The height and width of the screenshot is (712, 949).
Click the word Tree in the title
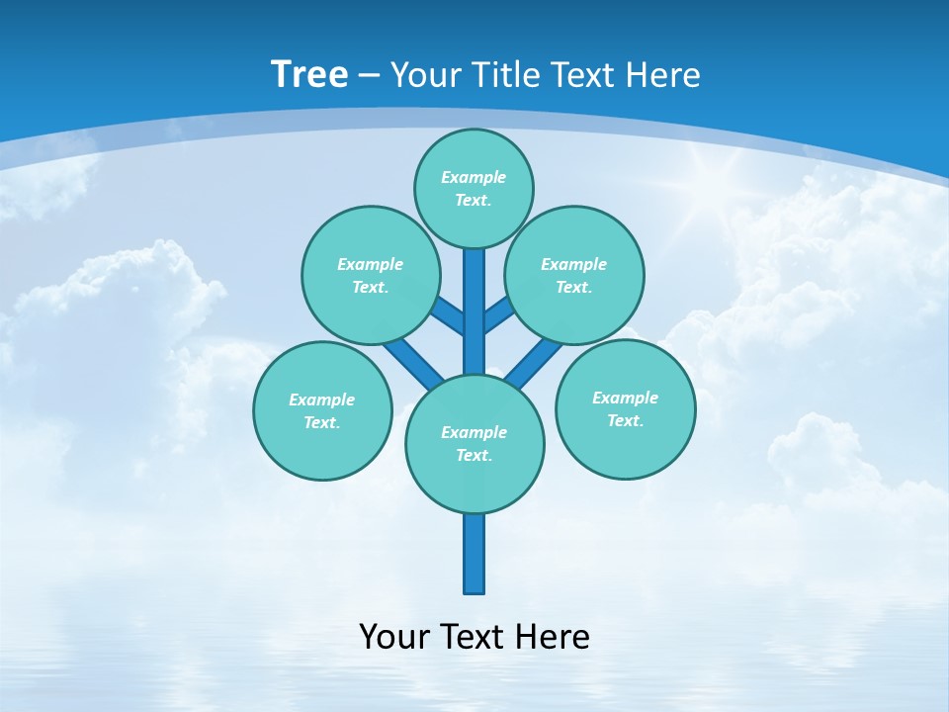[309, 75]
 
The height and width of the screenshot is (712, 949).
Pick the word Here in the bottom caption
[552, 636]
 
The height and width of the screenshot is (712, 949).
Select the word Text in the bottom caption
[474, 636]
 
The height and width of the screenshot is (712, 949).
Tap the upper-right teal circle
[574, 275]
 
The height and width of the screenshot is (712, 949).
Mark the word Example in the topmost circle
[474, 177]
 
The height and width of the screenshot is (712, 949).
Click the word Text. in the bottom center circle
[474, 455]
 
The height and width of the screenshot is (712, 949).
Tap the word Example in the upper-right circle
[574, 264]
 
